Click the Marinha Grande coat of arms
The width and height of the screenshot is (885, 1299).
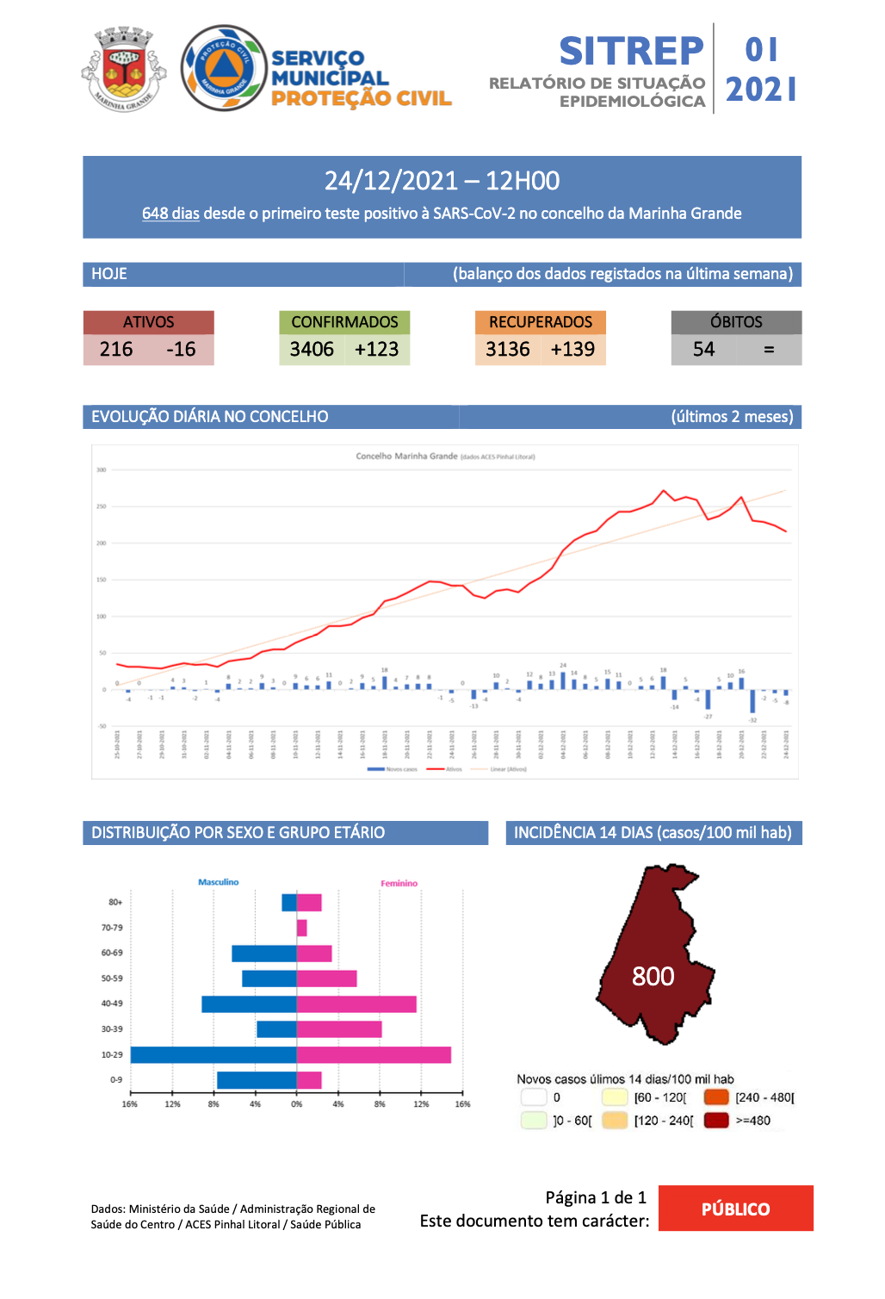click(x=124, y=69)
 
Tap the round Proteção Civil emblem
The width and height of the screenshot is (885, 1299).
click(x=224, y=68)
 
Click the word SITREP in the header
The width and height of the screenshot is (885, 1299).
click(x=631, y=52)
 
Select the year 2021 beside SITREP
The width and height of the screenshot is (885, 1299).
click(x=761, y=90)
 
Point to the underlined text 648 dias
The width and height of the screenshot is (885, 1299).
click(x=170, y=214)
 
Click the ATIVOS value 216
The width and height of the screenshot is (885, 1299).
click(x=116, y=350)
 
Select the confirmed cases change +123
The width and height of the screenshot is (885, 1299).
click(x=377, y=350)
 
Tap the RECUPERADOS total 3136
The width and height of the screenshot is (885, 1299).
click(x=508, y=350)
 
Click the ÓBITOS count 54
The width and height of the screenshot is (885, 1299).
click(x=704, y=350)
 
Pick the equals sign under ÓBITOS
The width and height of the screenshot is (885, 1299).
click(x=769, y=350)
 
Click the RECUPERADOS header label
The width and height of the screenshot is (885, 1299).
click(x=541, y=322)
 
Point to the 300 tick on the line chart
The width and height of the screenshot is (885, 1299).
click(x=102, y=470)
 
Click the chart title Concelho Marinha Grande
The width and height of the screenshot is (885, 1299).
click(x=406, y=457)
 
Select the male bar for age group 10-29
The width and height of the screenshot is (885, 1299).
click(x=214, y=1054)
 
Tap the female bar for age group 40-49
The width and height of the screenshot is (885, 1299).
click(x=356, y=1004)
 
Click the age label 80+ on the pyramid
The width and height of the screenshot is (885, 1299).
click(x=115, y=902)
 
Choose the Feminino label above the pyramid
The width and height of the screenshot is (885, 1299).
click(x=399, y=884)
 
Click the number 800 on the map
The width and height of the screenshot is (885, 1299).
click(x=653, y=977)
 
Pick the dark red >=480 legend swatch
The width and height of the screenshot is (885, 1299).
click(x=716, y=1121)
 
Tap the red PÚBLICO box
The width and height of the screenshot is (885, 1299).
click(x=736, y=1209)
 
